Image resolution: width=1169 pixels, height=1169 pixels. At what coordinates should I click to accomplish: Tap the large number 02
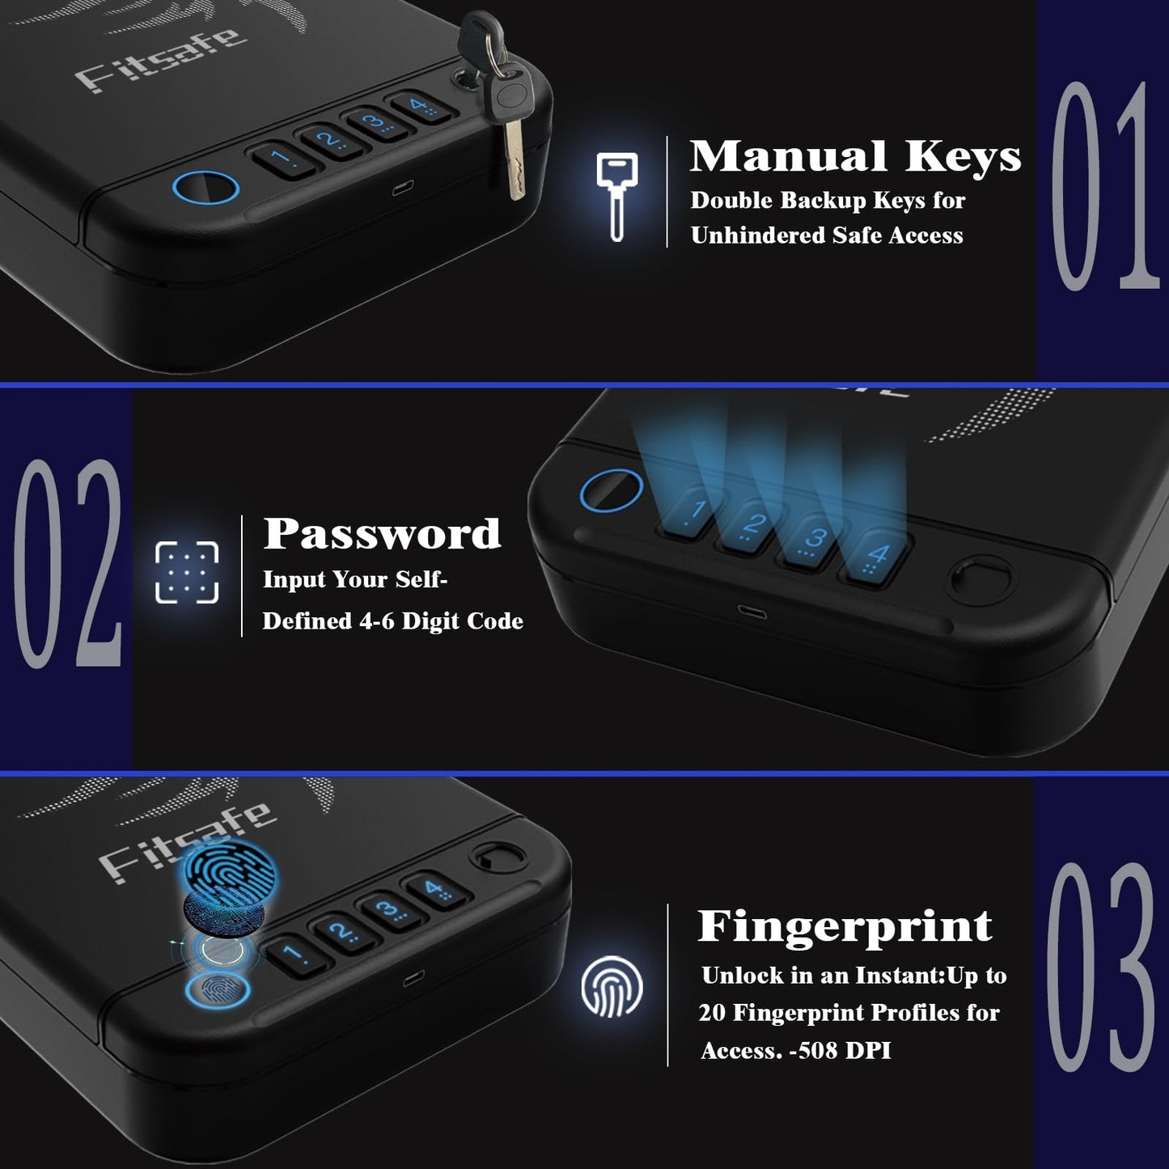tap(68, 563)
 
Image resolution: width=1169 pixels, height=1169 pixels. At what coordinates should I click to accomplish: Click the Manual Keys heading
tap(855, 156)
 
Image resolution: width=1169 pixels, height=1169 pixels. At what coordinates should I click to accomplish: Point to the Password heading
tap(382, 534)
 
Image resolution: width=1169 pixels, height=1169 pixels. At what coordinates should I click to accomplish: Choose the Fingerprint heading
tap(845, 926)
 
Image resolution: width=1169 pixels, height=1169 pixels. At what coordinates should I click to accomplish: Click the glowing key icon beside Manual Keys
tap(616, 195)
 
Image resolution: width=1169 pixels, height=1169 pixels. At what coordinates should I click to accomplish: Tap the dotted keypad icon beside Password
tap(187, 572)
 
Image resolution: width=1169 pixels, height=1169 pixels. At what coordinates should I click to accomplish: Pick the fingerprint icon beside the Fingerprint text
tap(612, 986)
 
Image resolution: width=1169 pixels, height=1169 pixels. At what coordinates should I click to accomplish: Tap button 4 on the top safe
tap(419, 106)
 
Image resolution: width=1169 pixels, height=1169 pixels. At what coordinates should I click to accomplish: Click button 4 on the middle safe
tap(876, 557)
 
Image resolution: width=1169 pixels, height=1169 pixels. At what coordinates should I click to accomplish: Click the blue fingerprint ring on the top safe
tap(206, 188)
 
